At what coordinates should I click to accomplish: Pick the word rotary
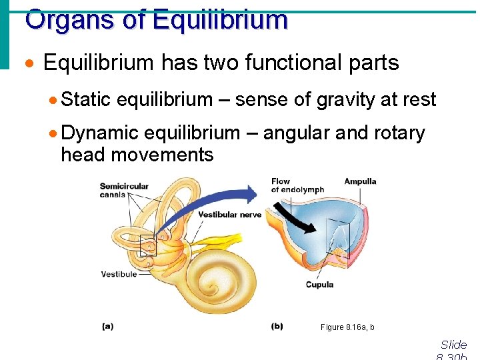pos(398,133)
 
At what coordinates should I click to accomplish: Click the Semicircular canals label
pos(124,190)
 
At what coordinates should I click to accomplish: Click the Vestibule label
pos(119,274)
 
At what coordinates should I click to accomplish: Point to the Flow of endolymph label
pos(297,185)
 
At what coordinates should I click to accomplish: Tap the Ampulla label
pos(360,181)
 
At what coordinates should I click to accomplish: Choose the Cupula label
pos(319,285)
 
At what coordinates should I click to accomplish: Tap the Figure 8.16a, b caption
pos(347,327)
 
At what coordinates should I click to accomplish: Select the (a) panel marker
pos(107,326)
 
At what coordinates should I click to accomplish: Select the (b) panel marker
pos(277,326)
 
